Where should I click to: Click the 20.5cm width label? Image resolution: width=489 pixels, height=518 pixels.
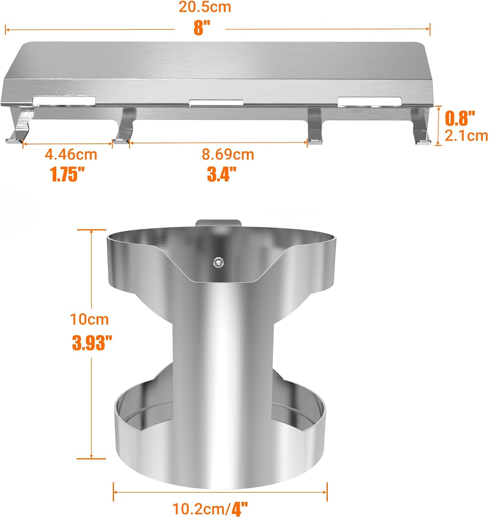(205, 7)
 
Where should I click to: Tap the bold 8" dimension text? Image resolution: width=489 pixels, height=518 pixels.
(202, 28)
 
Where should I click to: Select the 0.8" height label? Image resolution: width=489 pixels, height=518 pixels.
(460, 118)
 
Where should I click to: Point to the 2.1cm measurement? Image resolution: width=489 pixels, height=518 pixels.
(466, 136)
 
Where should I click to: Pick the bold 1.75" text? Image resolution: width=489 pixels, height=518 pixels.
(68, 174)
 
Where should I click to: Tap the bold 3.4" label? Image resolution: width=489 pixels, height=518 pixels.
(222, 174)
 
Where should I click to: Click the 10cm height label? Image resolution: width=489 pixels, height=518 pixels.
(89, 319)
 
